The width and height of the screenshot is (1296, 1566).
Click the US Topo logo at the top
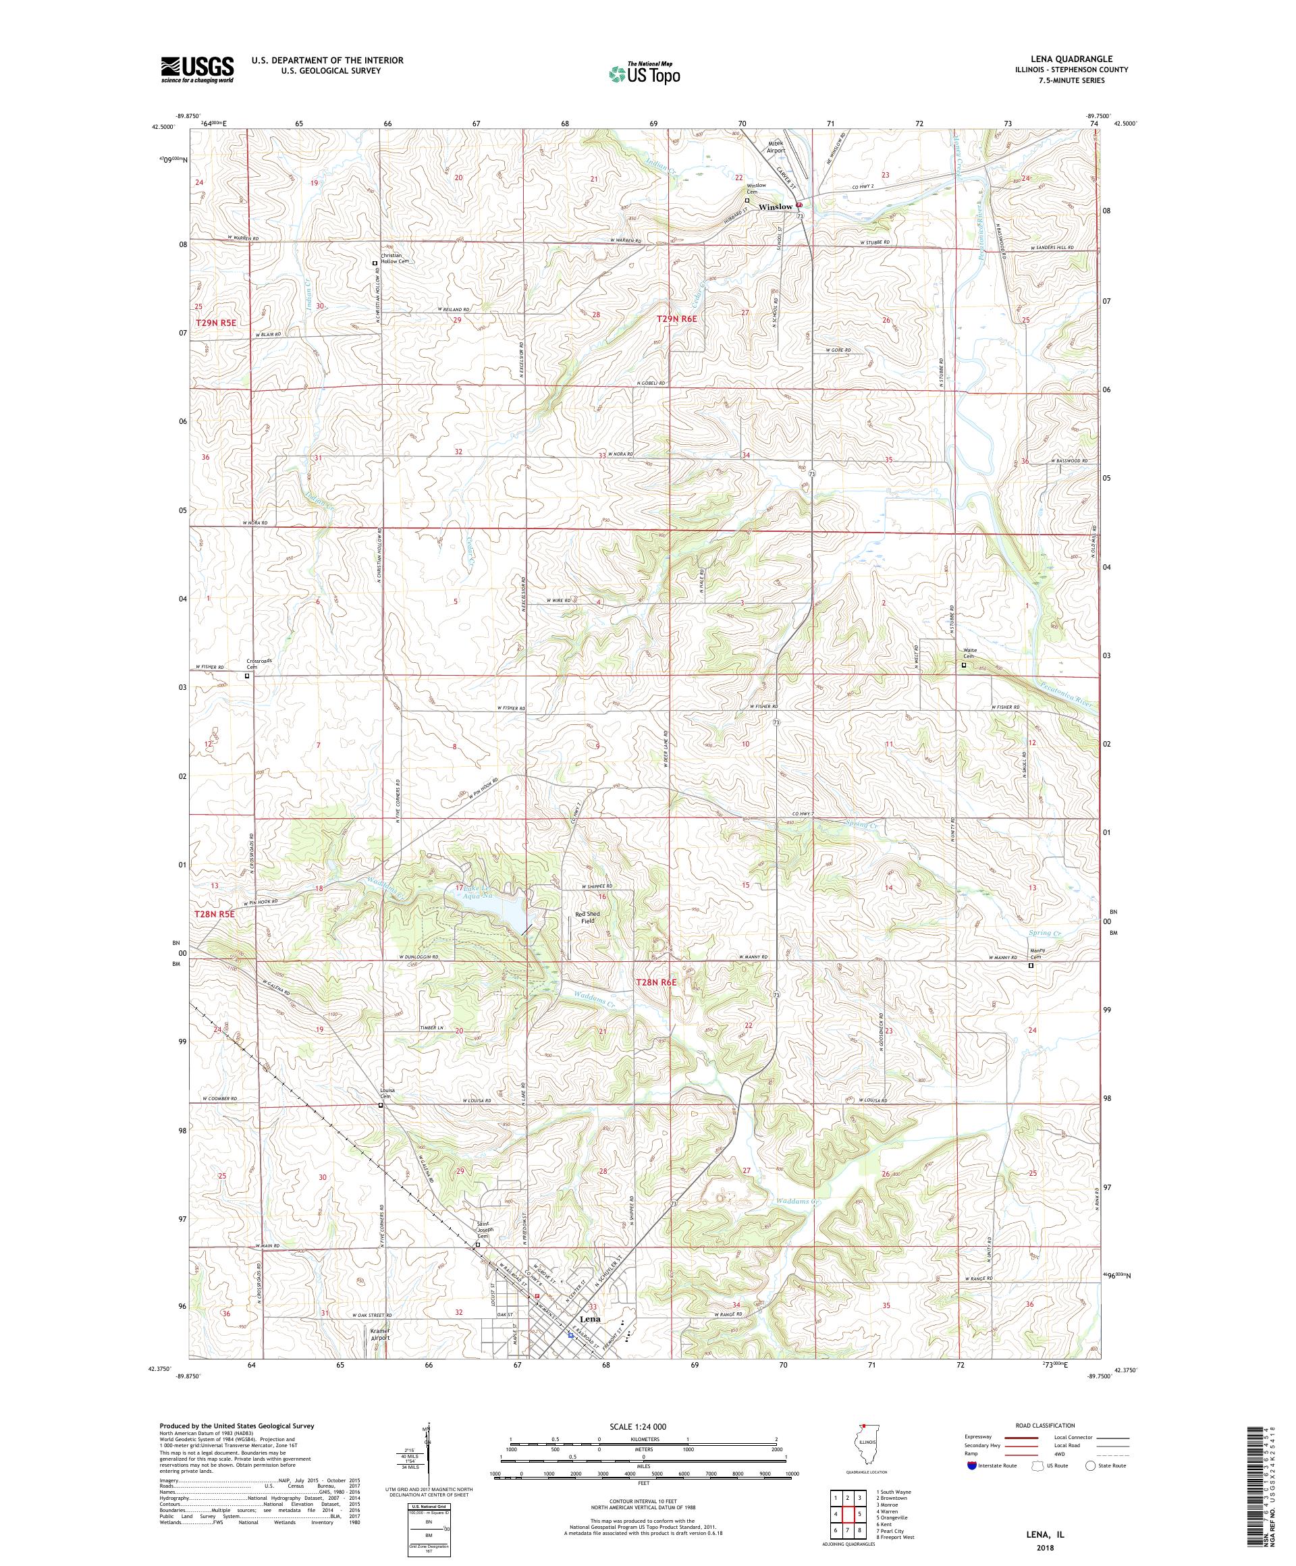pos(645,73)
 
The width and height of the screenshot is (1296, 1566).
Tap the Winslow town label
pos(775,207)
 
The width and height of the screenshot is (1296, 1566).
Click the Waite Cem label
pos(967,653)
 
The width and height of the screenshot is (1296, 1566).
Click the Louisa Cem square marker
pos(380,1106)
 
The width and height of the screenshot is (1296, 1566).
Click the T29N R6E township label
pos(676,319)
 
